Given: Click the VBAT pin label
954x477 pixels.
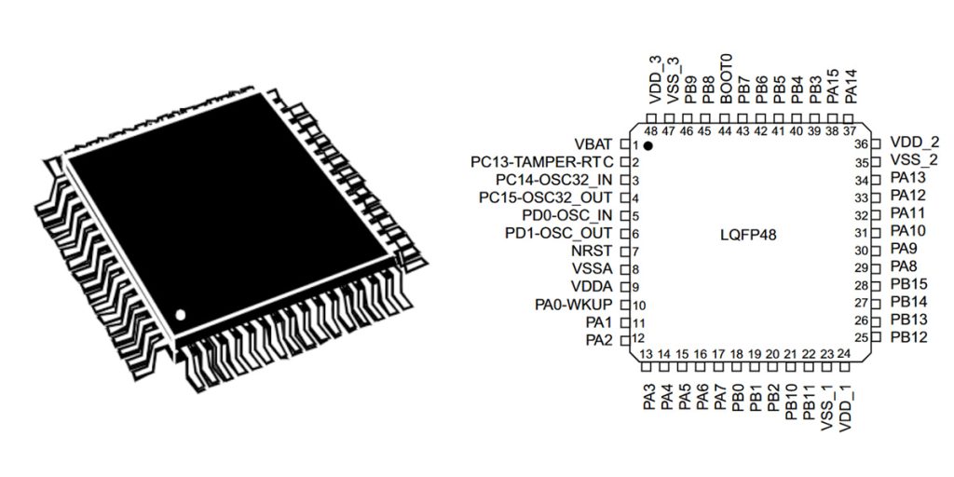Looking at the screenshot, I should [x=593, y=144].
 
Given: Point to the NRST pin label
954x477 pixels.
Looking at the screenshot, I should [x=594, y=252].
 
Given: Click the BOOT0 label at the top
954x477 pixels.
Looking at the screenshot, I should [x=726, y=81].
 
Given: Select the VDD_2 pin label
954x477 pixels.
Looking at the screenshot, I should [x=913, y=143].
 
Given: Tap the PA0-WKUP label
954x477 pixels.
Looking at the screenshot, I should [x=573, y=305].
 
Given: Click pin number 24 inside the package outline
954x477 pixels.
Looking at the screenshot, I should [x=843, y=354].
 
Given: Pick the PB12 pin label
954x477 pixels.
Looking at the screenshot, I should [x=908, y=336].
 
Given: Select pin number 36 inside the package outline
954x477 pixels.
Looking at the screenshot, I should [x=861, y=144].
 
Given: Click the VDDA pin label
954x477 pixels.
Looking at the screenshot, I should [x=593, y=287].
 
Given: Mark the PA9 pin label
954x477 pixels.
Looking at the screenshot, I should [x=904, y=250].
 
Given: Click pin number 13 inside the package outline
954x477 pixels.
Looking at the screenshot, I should [x=647, y=354].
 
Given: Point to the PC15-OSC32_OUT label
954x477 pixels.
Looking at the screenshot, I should [x=545, y=198].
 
